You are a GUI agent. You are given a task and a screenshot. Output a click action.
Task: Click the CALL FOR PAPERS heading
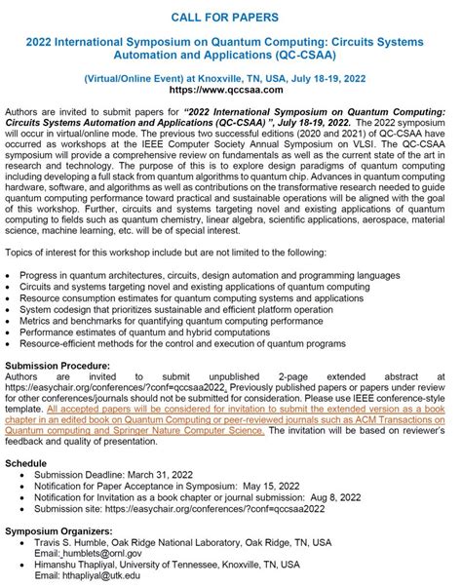tap(231, 17)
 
